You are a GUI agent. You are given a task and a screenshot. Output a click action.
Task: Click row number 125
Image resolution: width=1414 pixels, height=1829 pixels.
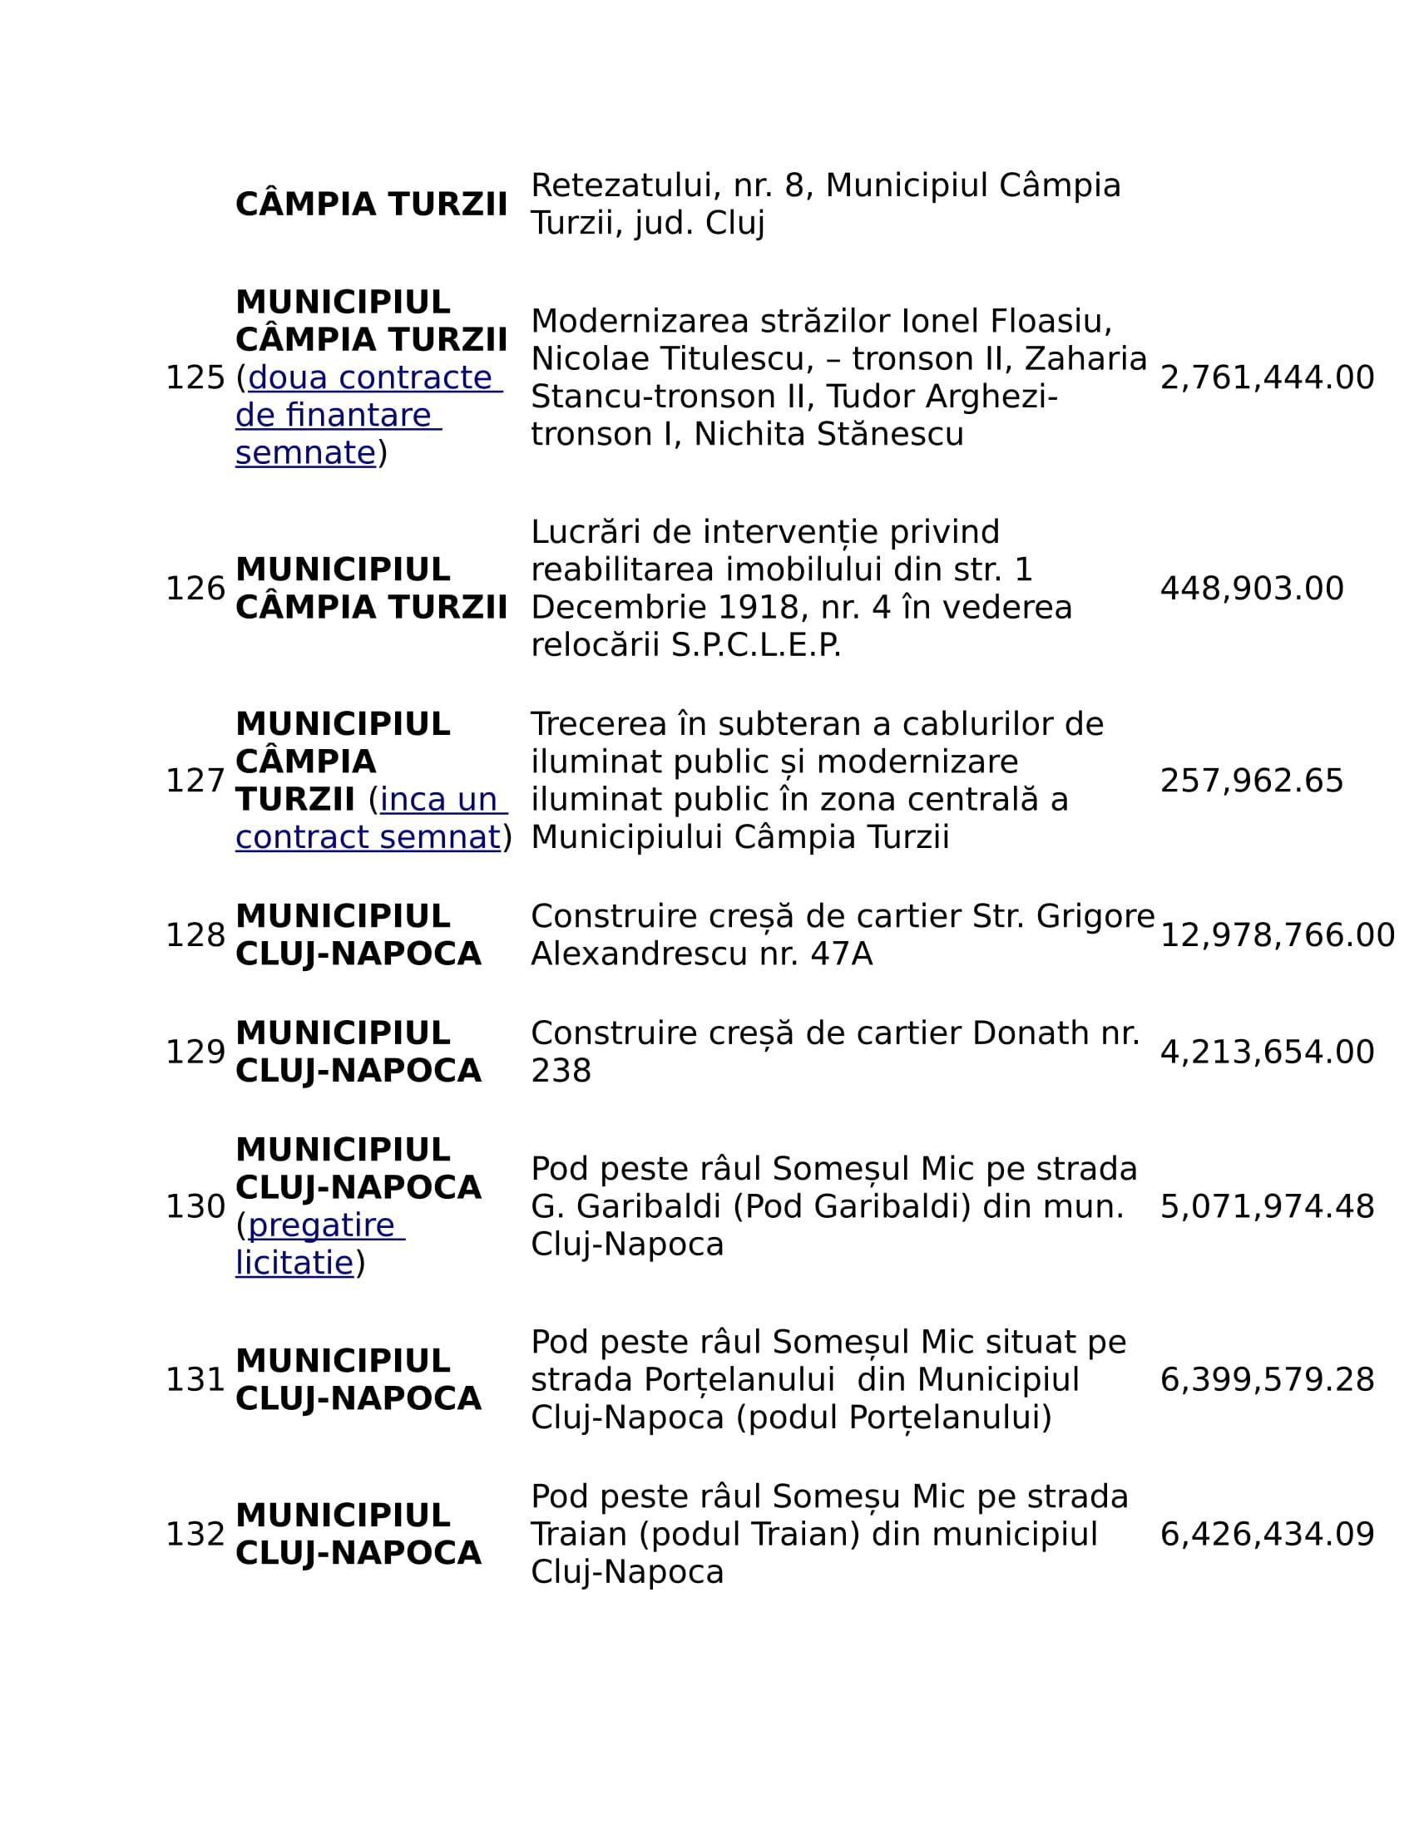195,377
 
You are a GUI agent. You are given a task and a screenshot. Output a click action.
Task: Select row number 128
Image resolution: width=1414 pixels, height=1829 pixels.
195,935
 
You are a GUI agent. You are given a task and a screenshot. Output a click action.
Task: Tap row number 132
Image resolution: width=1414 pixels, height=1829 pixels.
195,1535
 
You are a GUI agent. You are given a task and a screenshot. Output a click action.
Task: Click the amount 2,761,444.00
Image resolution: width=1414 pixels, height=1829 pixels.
1267,377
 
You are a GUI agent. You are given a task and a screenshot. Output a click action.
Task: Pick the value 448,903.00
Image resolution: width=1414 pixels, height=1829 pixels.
1252,589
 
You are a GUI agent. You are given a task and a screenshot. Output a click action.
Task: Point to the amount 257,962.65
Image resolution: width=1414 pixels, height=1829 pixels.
1252,781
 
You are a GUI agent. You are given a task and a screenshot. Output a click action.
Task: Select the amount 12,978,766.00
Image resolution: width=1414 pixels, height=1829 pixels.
1277,935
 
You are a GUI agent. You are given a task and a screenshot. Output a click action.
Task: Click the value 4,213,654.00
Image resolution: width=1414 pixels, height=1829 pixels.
1267,1052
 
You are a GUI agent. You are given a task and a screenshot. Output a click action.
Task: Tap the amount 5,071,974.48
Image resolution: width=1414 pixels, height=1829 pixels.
1267,1207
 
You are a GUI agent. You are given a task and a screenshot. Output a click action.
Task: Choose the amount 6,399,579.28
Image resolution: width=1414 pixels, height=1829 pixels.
1267,1380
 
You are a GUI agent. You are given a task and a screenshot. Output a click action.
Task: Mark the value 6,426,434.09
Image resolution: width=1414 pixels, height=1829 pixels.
1267,1535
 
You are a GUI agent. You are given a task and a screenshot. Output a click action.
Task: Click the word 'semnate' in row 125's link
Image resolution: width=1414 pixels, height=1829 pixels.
306,453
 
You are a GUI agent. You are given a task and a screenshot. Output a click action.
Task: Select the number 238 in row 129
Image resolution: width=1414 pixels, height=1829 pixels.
561,1071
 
